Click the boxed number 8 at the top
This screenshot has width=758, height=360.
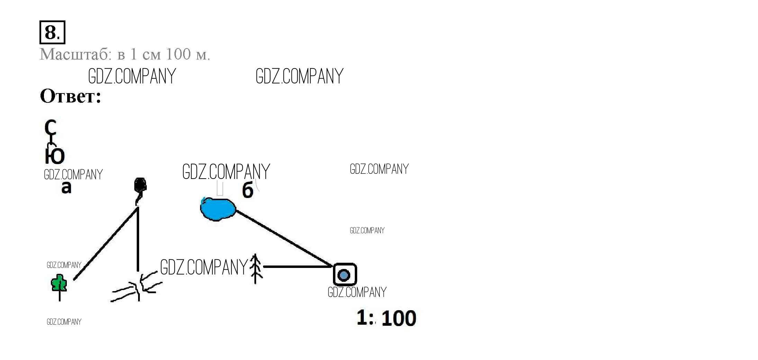[52, 33]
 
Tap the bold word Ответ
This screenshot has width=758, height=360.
[70, 96]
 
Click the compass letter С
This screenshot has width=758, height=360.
[51, 127]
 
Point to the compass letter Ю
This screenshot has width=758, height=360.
[55, 156]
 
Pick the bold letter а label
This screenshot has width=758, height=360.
[66, 187]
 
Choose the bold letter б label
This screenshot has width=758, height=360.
[247, 190]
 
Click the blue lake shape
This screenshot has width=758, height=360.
[218, 209]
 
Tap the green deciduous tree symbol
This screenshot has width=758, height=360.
[58, 283]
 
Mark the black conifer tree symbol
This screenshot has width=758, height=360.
[255, 269]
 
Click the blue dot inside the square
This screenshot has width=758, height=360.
[344, 275]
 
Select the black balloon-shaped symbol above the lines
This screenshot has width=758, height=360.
[140, 186]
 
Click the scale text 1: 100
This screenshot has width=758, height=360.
[386, 318]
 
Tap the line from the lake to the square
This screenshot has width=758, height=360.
[284, 238]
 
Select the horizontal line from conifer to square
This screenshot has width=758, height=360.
[298, 267]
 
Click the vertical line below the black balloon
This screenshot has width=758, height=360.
[138, 239]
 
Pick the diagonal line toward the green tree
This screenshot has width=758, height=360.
[106, 244]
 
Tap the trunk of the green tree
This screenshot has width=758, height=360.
[60, 295]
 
